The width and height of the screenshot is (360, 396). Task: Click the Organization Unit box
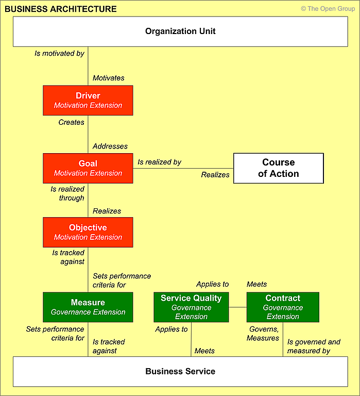coord(180,31)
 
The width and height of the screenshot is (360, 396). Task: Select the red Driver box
coord(88,100)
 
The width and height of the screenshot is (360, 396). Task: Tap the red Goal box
coord(88,168)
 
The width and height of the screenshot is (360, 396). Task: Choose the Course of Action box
coord(279,168)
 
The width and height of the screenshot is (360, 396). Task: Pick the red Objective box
coord(88,232)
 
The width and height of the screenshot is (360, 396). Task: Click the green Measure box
coord(88,307)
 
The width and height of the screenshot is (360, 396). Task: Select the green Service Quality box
coord(191,307)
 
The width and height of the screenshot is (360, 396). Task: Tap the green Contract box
coord(283,307)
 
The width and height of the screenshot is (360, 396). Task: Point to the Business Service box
coord(180,371)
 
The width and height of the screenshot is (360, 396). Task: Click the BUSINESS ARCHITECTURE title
coord(61,9)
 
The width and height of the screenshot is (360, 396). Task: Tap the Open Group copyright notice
coord(328,9)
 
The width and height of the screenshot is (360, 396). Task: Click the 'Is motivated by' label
coord(59,53)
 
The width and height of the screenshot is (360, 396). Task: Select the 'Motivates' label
coord(109,78)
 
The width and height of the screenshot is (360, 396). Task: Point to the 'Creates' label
coord(72,122)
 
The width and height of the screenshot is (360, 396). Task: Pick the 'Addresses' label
coord(110,146)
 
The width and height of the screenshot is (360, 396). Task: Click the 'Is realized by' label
coord(160,162)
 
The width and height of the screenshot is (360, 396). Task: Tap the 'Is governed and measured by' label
coord(314,346)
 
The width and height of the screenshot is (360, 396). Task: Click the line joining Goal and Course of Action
coord(183,168)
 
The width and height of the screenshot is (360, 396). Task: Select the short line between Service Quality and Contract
coord(237,307)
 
